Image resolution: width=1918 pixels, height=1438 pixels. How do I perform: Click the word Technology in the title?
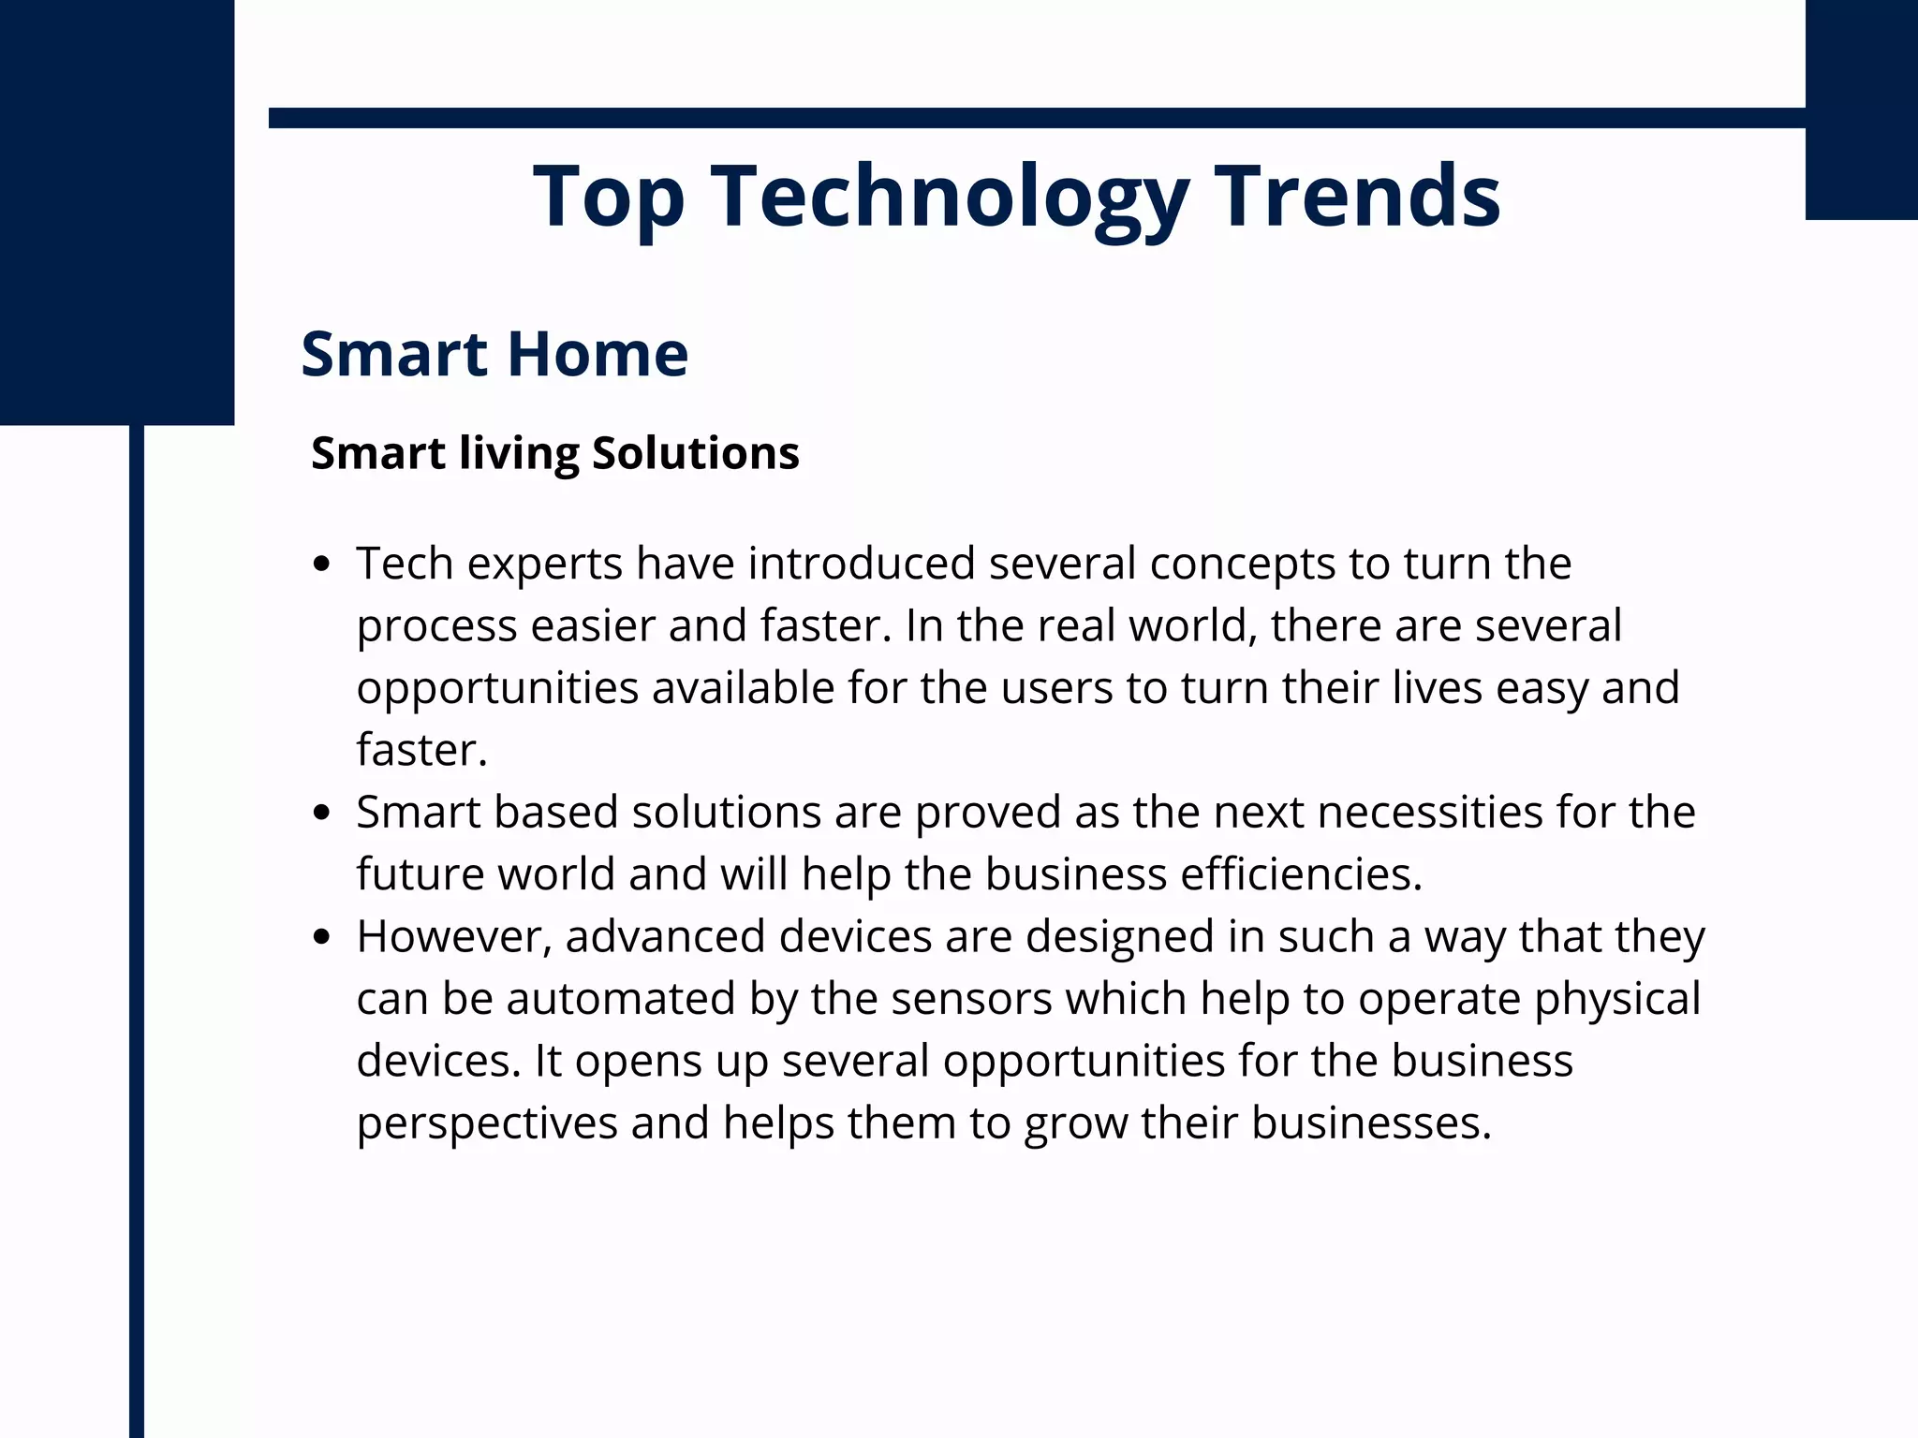pyautogui.click(x=950, y=197)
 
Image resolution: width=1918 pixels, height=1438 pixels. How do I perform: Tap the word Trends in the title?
pyautogui.click(x=1357, y=197)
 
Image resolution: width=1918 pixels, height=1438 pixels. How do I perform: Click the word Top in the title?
pyautogui.click(x=609, y=197)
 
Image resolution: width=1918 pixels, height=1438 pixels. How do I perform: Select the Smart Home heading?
pyautogui.click(x=494, y=354)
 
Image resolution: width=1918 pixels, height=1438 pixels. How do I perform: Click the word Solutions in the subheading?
pyautogui.click(x=695, y=453)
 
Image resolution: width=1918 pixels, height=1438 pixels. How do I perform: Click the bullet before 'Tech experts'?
pyautogui.click(x=322, y=564)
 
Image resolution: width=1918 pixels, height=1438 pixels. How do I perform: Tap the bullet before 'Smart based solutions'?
pyautogui.click(x=322, y=813)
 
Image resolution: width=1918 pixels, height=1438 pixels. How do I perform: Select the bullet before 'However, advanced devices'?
pyautogui.click(x=322, y=936)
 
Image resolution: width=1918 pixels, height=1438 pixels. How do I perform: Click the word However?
pyautogui.click(x=453, y=936)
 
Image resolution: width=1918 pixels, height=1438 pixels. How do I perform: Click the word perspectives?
pyautogui.click(x=487, y=1123)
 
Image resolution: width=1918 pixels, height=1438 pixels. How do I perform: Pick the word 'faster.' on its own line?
pyautogui.click(x=421, y=750)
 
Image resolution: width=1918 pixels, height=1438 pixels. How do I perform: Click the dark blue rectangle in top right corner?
pyautogui.click(x=1861, y=109)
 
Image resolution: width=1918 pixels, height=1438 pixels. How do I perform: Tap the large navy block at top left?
pyautogui.click(x=116, y=212)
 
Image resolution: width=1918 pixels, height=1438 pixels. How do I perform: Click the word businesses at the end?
pyautogui.click(x=1370, y=1123)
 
